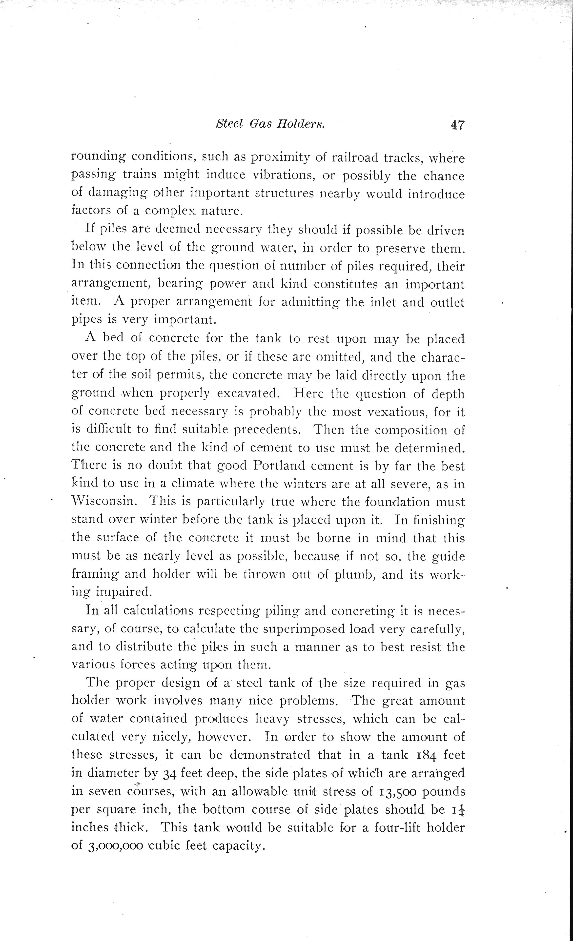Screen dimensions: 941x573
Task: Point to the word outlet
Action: pos(447,302)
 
